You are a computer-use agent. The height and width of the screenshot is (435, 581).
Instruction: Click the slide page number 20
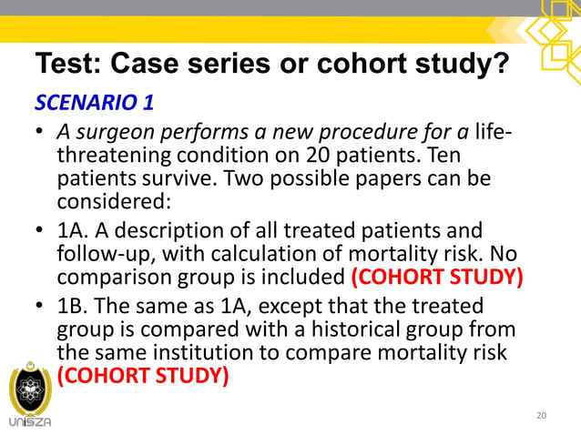click(542, 416)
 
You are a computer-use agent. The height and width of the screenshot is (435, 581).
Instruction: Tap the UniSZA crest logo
click(30, 388)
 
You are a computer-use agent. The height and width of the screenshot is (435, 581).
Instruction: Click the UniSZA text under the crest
click(30, 421)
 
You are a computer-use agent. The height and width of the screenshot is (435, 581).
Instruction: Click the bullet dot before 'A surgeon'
click(40, 136)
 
